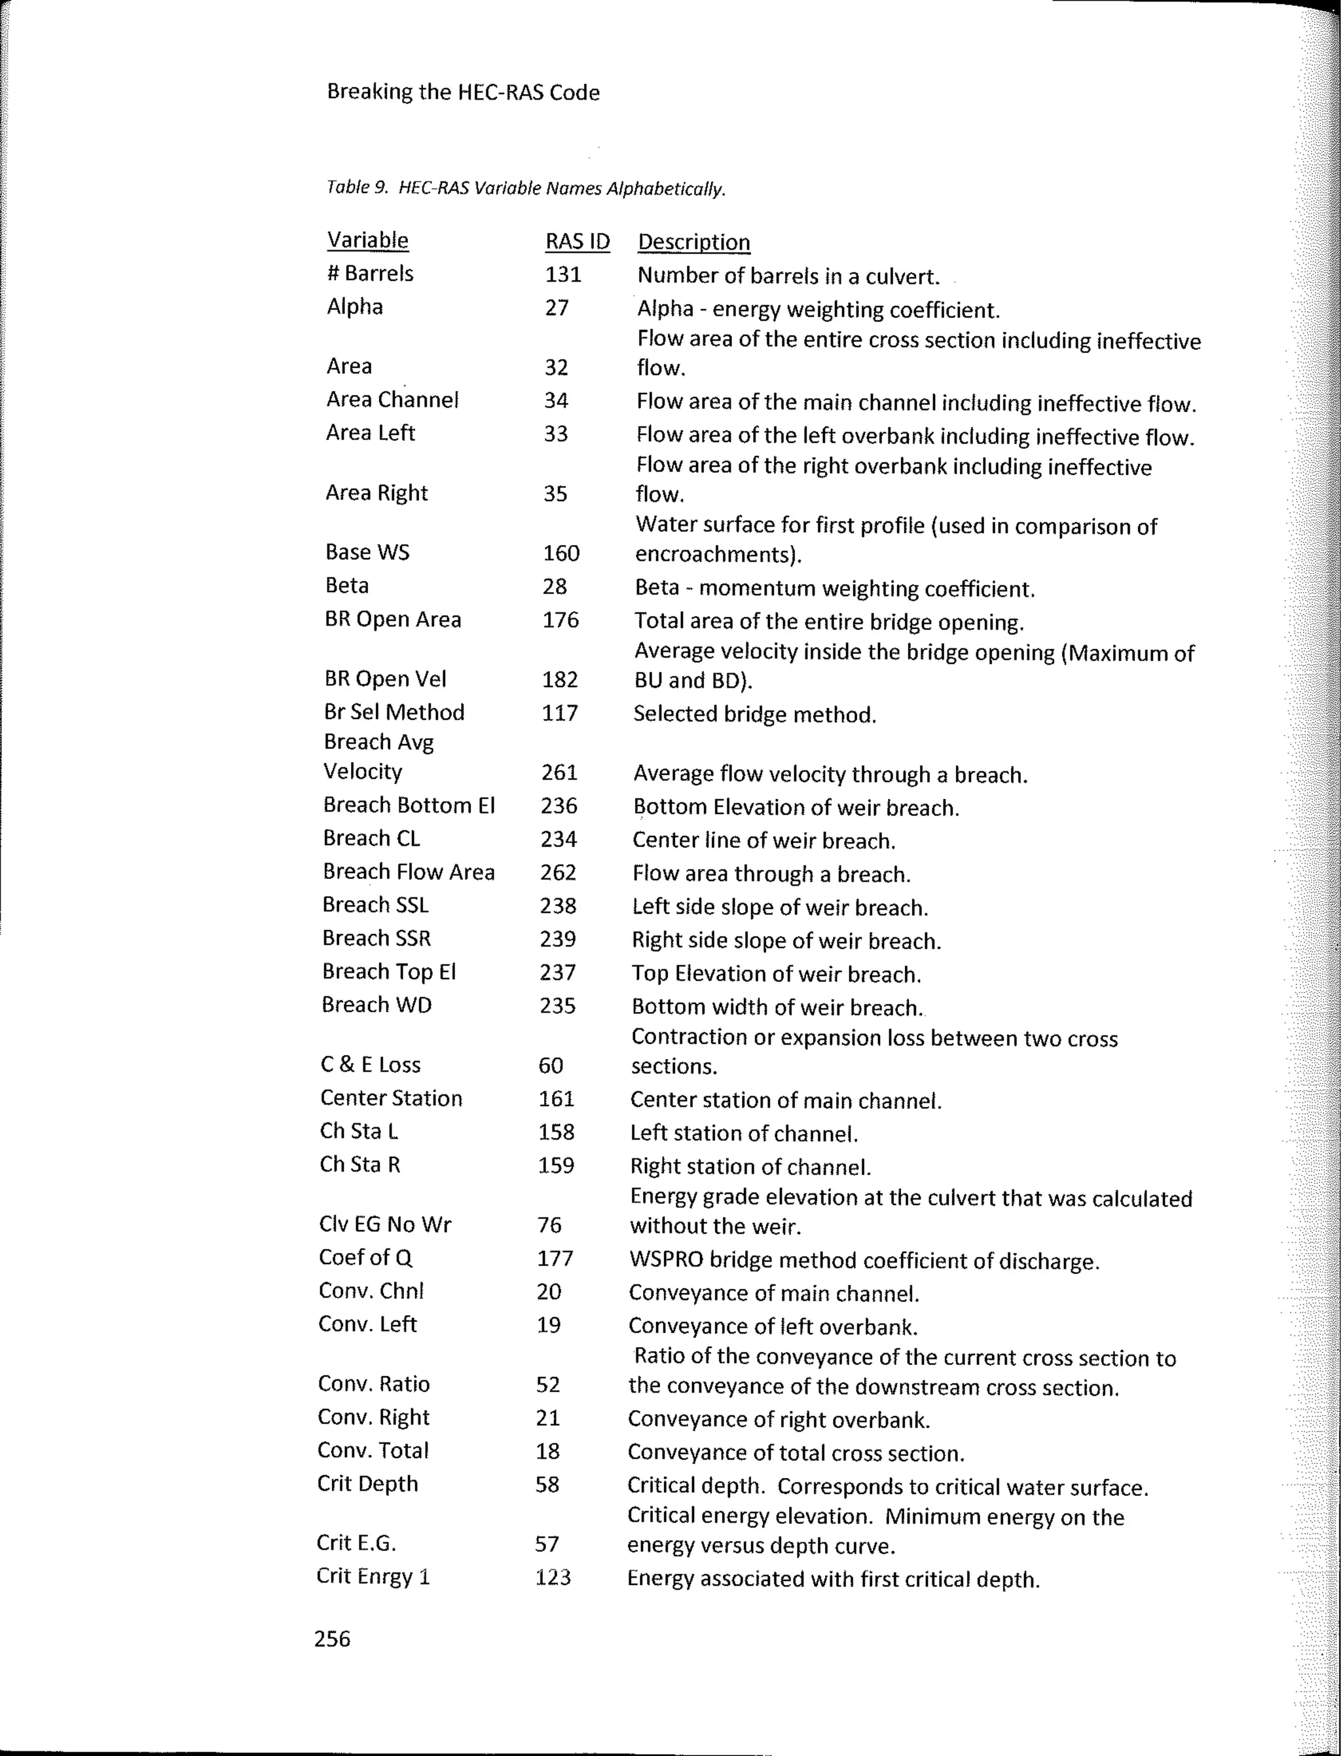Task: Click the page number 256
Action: point(332,1639)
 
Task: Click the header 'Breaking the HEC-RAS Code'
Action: point(463,92)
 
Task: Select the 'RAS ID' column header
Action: point(577,241)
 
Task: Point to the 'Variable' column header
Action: point(367,240)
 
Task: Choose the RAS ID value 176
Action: point(560,620)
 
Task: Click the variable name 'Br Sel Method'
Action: point(394,713)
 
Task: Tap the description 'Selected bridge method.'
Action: point(754,715)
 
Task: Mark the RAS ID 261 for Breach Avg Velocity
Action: point(559,772)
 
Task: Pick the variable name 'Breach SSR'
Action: point(376,939)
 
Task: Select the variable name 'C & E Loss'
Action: point(371,1065)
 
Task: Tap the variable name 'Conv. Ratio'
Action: point(374,1384)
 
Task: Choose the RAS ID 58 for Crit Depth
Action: point(547,1484)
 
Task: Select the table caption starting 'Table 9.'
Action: point(525,189)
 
